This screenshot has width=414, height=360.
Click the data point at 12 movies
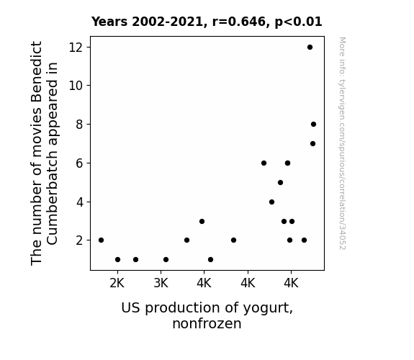tap(310, 48)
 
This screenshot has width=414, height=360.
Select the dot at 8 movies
tap(313, 124)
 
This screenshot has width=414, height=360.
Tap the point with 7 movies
tap(312, 144)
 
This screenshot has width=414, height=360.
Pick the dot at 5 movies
tap(280, 182)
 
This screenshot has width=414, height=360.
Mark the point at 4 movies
tap(271, 202)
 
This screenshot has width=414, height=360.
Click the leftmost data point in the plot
tap(101, 240)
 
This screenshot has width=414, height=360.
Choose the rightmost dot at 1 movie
tap(210, 260)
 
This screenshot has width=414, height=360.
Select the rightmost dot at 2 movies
tap(304, 240)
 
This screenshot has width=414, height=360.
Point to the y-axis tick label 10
tap(76, 86)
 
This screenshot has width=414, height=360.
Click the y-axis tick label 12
tap(76, 48)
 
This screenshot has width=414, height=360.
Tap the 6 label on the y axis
tap(79, 163)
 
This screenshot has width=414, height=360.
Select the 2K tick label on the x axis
tap(117, 284)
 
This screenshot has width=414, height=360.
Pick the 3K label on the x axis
tap(161, 284)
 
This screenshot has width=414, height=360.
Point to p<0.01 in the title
tap(298, 22)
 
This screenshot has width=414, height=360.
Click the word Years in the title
tap(109, 22)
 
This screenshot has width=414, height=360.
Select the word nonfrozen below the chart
tap(207, 323)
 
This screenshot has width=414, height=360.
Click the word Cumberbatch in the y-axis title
tap(52, 197)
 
